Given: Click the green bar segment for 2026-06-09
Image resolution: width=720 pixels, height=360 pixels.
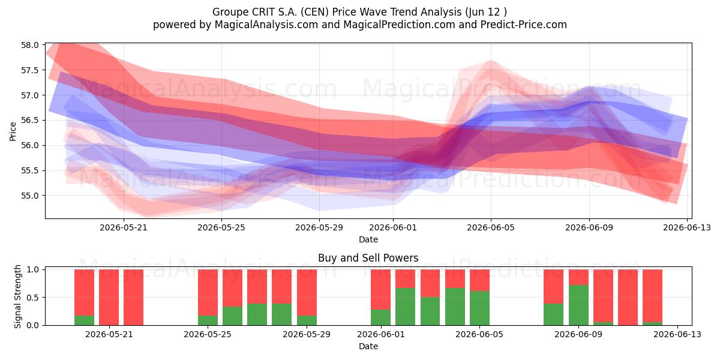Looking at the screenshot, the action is point(578,305).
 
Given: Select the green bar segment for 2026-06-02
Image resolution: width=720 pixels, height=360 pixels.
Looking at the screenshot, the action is point(406,307).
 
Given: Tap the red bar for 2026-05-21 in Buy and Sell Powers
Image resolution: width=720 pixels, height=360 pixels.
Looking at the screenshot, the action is point(109,298).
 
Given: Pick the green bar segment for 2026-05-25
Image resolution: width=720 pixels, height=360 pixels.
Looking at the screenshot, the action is point(208,320).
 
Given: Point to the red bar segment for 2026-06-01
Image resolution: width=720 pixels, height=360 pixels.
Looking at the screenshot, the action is point(380,289).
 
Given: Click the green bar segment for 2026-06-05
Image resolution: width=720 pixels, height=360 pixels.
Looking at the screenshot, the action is point(479,308).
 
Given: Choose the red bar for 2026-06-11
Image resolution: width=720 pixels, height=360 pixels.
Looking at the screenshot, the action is point(628,298).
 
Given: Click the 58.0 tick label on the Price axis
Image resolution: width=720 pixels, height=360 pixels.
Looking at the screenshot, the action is point(30,45).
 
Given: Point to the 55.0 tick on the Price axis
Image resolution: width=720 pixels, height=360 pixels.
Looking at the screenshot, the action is point(30,196).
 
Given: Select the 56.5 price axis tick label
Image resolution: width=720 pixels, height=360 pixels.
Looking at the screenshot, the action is point(30,120).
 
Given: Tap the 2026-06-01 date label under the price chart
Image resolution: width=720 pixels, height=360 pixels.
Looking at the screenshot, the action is point(393,227).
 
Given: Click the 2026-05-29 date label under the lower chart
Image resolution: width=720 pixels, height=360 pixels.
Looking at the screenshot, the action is point(307,334).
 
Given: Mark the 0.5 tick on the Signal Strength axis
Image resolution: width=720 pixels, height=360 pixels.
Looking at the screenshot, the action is point(32,298).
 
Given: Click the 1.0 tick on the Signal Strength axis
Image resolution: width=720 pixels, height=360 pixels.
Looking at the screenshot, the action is point(32,269).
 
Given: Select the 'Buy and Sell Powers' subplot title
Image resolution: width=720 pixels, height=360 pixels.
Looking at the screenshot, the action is point(368,258).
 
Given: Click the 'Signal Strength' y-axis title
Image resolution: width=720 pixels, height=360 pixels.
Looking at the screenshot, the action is point(17,296).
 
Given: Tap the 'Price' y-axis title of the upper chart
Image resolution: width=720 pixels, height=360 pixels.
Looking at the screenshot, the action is point(13,131).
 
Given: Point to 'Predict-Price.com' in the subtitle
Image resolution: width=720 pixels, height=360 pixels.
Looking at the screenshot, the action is point(524,25).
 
